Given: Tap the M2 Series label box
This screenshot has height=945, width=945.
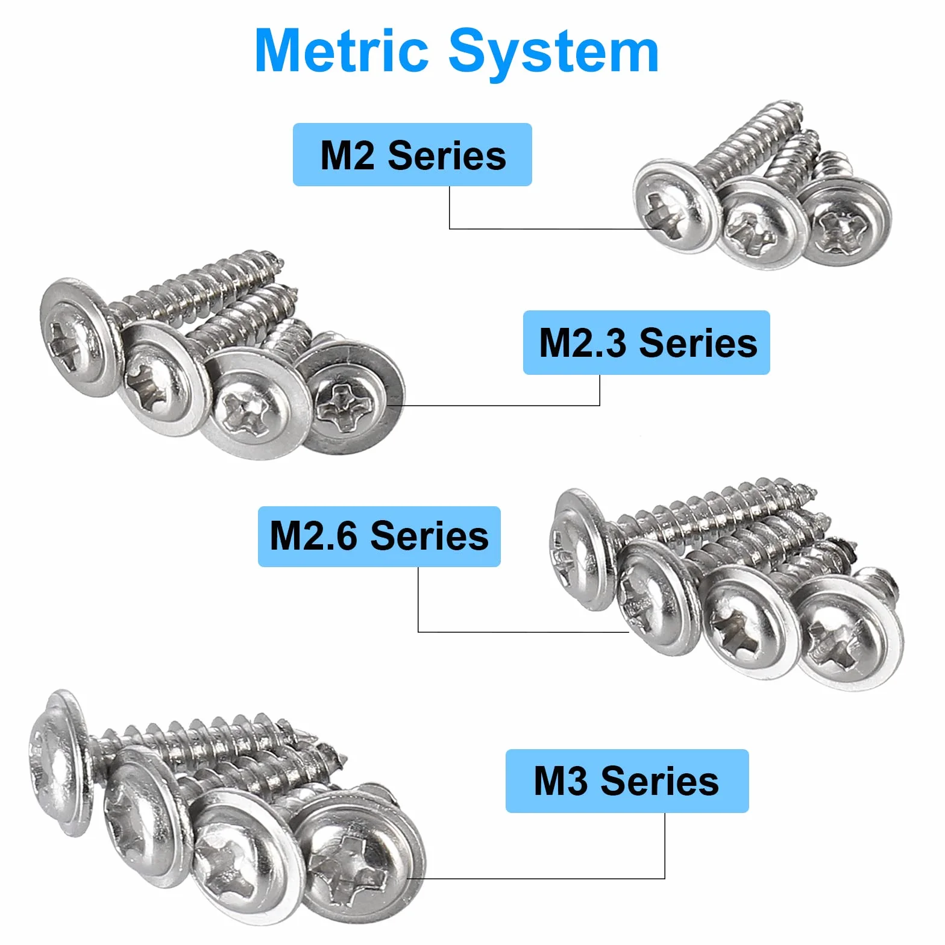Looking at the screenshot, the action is tap(412, 155).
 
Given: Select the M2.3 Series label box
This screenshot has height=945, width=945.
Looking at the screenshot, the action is tap(647, 343).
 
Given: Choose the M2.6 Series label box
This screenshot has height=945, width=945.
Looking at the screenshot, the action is tap(379, 536).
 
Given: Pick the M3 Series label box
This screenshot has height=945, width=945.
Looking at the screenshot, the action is tap(627, 781).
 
